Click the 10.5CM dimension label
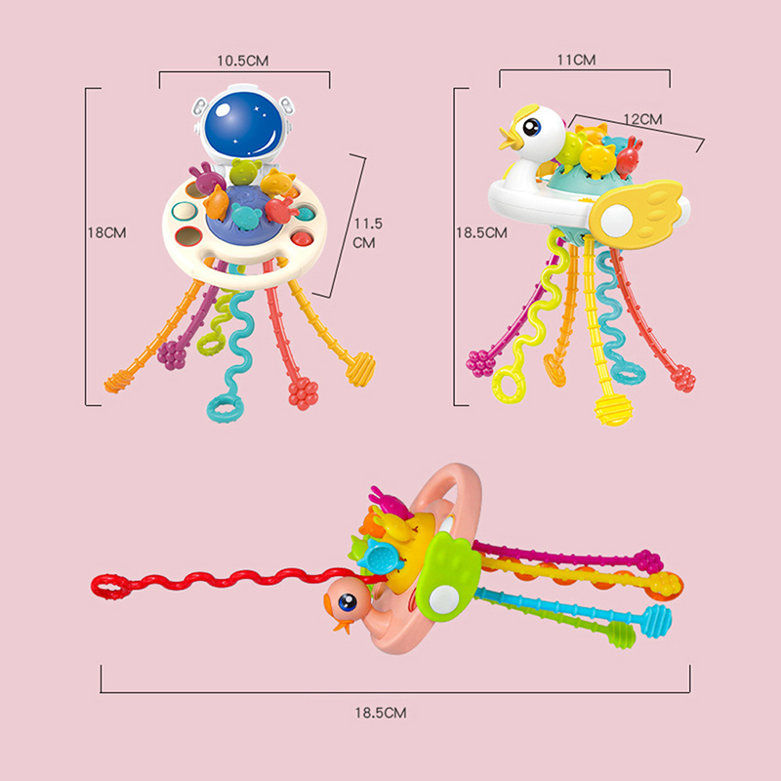[x=243, y=60]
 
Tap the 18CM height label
[x=107, y=232]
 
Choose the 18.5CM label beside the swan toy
[x=482, y=232]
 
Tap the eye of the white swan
[x=534, y=128]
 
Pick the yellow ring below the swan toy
[x=510, y=384]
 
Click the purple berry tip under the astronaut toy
[x=173, y=354]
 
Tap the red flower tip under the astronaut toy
[x=303, y=392]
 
